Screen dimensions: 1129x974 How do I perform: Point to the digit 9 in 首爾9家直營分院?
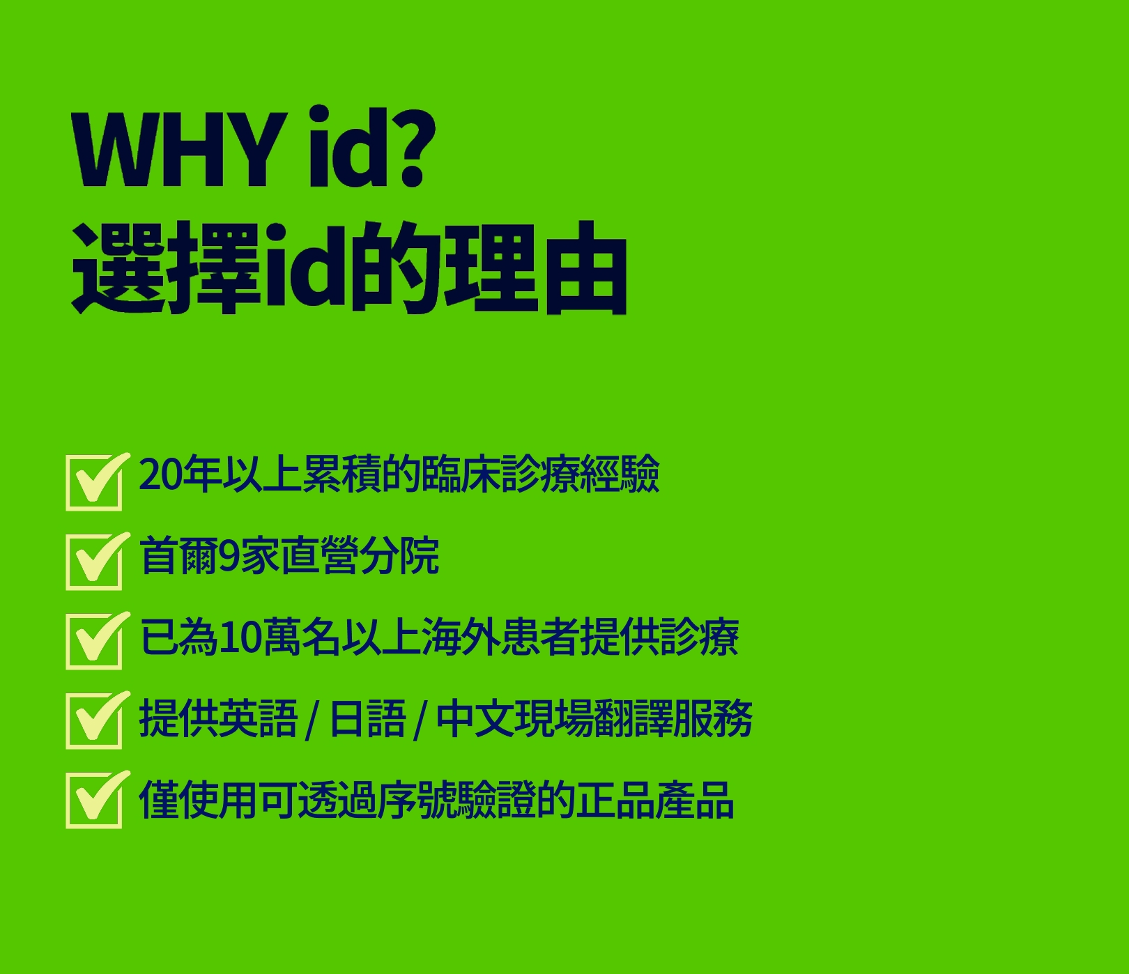pos(229,556)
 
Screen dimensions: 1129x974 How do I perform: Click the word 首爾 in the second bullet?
pos(179,555)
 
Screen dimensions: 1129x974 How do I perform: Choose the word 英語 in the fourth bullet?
pos(258,718)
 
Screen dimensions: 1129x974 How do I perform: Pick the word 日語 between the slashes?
pos(367,718)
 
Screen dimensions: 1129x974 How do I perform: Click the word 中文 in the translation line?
pos(475,718)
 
